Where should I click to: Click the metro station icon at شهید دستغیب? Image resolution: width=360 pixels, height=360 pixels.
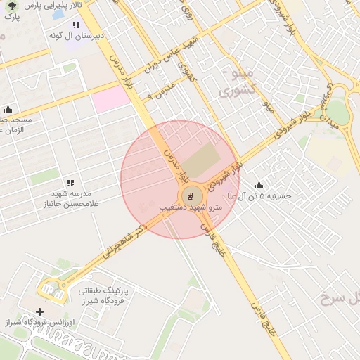[x=190, y=195]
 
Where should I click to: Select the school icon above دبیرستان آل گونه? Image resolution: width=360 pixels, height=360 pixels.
[x=76, y=25]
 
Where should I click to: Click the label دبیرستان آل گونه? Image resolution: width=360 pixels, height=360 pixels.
[x=77, y=34]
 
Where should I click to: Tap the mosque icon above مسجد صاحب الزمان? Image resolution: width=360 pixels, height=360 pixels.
[x=8, y=109]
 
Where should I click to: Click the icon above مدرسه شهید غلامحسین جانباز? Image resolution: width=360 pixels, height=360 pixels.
[x=69, y=183]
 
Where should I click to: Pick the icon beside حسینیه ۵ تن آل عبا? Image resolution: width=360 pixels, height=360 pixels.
[x=259, y=186]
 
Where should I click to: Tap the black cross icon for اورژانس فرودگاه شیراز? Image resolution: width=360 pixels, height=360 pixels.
[x=39, y=311]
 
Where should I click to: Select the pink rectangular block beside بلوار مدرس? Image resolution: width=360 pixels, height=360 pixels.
[x=111, y=98]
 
